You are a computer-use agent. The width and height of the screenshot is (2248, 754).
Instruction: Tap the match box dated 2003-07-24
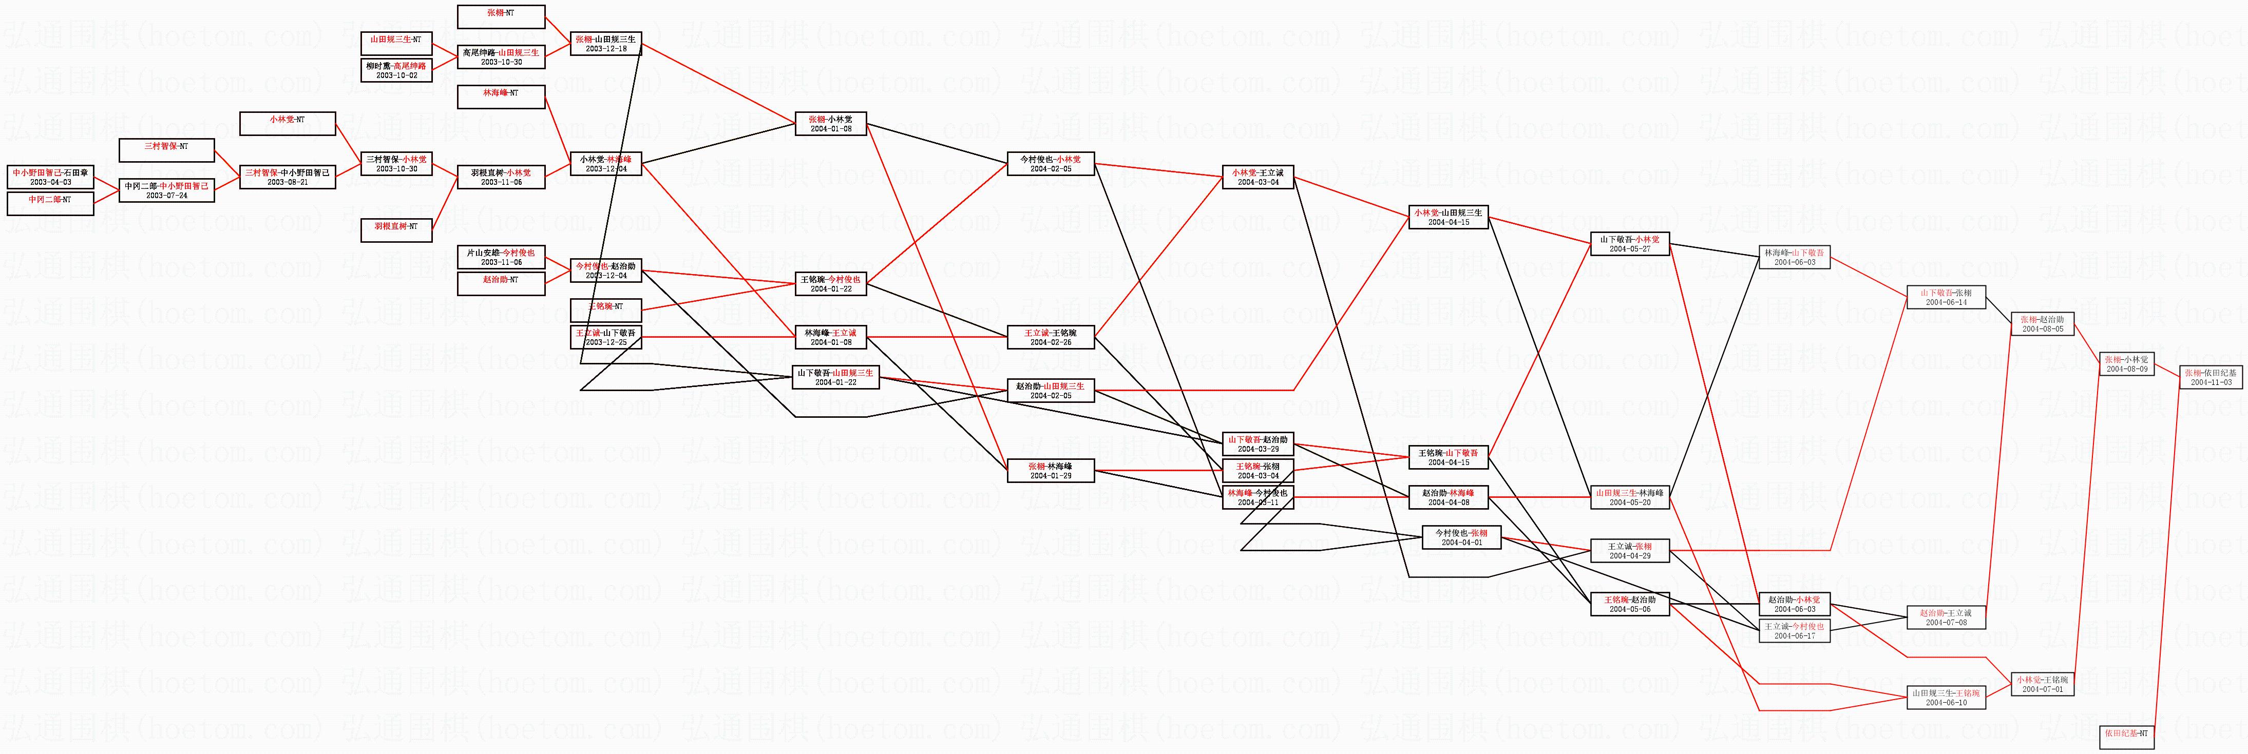pyautogui.click(x=167, y=190)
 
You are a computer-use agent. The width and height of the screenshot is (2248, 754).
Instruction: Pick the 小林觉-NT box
pyautogui.click(x=287, y=124)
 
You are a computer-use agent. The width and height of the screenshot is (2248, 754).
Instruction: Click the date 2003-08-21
pyautogui.click(x=287, y=182)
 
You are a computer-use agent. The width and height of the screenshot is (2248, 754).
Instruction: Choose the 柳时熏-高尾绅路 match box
pyautogui.click(x=397, y=70)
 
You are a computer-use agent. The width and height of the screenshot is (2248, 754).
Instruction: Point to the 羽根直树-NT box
pyautogui.click(x=397, y=230)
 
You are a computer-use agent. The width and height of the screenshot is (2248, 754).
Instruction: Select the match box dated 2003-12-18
pyautogui.click(x=605, y=44)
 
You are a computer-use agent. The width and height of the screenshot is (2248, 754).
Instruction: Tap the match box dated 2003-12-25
pyautogui.click(x=605, y=337)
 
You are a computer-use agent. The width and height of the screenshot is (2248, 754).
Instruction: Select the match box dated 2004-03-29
pyautogui.click(x=1258, y=443)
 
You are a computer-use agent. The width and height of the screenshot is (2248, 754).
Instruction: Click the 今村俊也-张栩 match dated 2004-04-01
pyautogui.click(x=1462, y=537)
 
